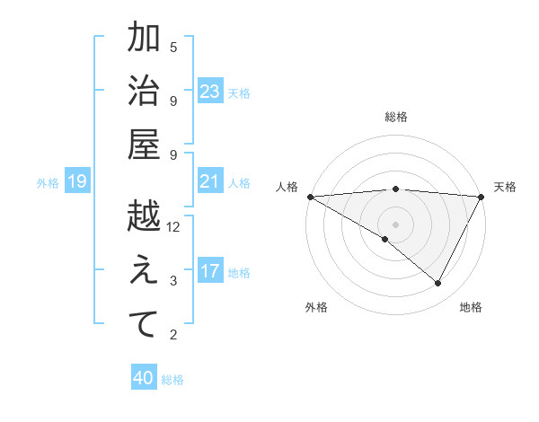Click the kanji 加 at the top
click(144, 39)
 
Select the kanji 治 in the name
click(144, 92)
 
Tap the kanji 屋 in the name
click(144, 145)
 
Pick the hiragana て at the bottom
click(144, 325)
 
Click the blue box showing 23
click(210, 92)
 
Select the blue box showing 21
click(210, 181)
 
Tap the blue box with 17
click(210, 271)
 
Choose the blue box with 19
click(77, 182)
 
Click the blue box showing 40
click(144, 378)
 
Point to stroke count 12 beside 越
click(173, 227)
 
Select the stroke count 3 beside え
click(173, 281)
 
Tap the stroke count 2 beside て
click(173, 335)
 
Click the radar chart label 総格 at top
click(395, 117)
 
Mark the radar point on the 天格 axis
click(482, 197)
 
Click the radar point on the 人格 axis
click(310, 197)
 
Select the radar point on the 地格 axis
click(438, 284)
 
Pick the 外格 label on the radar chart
click(315, 307)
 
